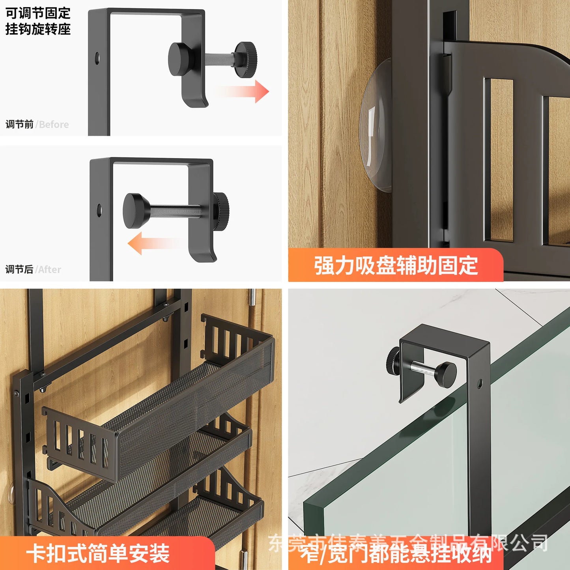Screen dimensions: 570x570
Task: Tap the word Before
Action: (x=54, y=125)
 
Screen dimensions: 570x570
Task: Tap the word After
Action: (x=49, y=270)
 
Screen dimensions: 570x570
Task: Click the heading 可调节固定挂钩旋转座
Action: (x=38, y=21)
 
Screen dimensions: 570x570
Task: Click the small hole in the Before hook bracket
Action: (x=97, y=58)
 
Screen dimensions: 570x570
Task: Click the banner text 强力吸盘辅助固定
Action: (x=396, y=265)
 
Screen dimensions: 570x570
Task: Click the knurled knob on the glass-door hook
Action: (x=393, y=359)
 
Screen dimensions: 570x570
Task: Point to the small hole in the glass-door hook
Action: (x=479, y=383)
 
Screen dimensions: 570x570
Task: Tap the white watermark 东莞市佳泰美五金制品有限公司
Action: (x=408, y=542)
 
